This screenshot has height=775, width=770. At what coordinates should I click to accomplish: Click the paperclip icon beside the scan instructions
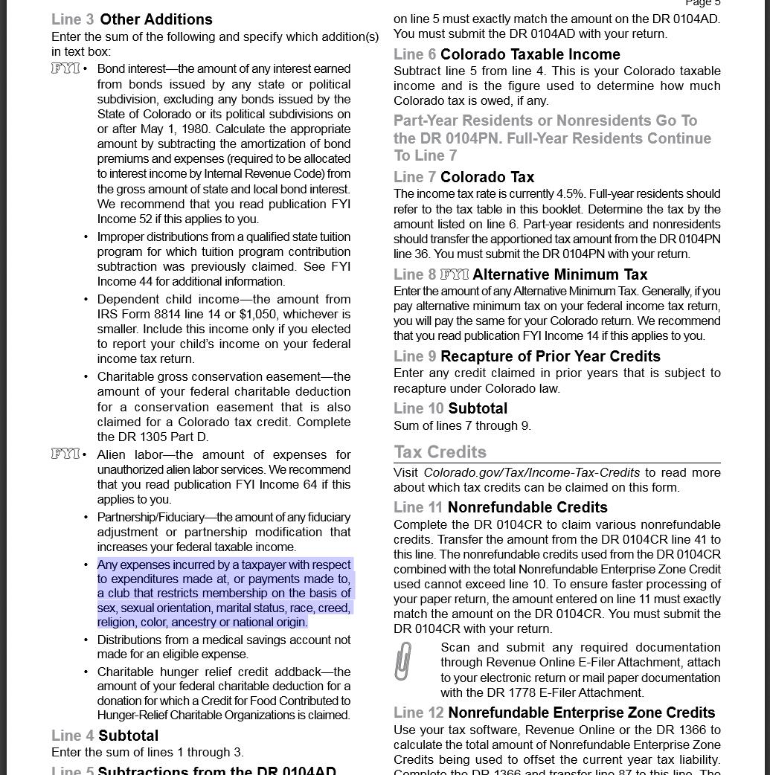coord(402,661)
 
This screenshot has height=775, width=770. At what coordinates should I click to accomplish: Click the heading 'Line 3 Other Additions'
coord(132,19)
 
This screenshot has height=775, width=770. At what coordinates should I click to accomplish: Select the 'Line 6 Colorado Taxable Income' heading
coord(507,54)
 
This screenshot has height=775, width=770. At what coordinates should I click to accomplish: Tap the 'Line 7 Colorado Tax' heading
coord(463,177)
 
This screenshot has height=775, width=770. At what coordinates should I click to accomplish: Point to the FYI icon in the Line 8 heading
coord(454,274)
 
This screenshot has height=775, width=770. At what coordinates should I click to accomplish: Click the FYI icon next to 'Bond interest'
coord(65,68)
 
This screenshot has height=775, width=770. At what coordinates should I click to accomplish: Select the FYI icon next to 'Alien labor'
coord(65,454)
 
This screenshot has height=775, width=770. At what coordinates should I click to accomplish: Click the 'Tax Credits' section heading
coord(440,452)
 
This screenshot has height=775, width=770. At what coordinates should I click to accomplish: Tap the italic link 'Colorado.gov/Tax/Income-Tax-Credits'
coord(531,472)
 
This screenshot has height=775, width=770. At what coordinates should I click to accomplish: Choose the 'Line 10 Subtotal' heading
coord(450,408)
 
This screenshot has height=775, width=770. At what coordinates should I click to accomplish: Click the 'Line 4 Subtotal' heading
coord(105,736)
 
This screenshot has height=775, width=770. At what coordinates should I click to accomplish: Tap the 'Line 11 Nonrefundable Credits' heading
coord(500,507)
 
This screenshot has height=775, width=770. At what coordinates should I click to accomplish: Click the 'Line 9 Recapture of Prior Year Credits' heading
coord(527,356)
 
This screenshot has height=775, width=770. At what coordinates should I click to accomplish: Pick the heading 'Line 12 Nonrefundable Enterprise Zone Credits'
coord(554,713)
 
